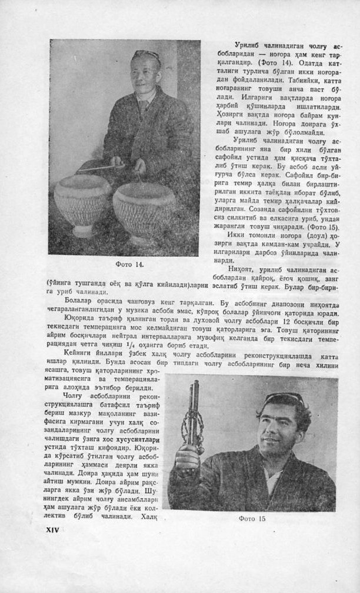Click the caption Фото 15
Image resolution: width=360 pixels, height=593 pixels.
point(252,518)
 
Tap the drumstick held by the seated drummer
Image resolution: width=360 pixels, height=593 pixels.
point(98,168)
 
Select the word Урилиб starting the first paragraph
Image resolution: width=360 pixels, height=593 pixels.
point(247,45)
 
